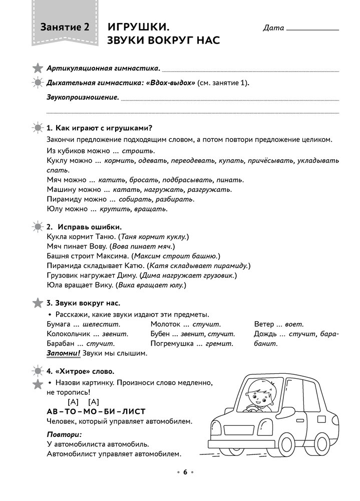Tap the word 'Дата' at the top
coord(273,29)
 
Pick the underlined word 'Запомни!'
coord(63,354)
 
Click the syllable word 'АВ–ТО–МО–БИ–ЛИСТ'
coord(96,411)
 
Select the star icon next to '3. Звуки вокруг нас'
coord(38,303)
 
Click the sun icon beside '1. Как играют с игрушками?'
coord(38,128)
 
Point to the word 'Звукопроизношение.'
coord(83,97)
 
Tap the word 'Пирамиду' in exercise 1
coord(64,199)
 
